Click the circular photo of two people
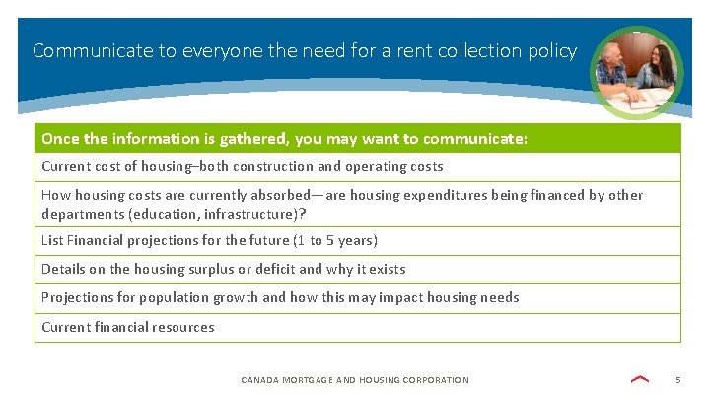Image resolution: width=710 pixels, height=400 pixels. pos(637,71)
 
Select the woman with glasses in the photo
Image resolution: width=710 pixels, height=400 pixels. pos(656,71)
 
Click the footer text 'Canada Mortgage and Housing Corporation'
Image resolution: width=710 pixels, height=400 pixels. pos(355,380)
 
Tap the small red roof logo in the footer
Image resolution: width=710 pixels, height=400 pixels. pos(640,379)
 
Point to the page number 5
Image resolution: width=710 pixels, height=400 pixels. pos(677,380)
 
